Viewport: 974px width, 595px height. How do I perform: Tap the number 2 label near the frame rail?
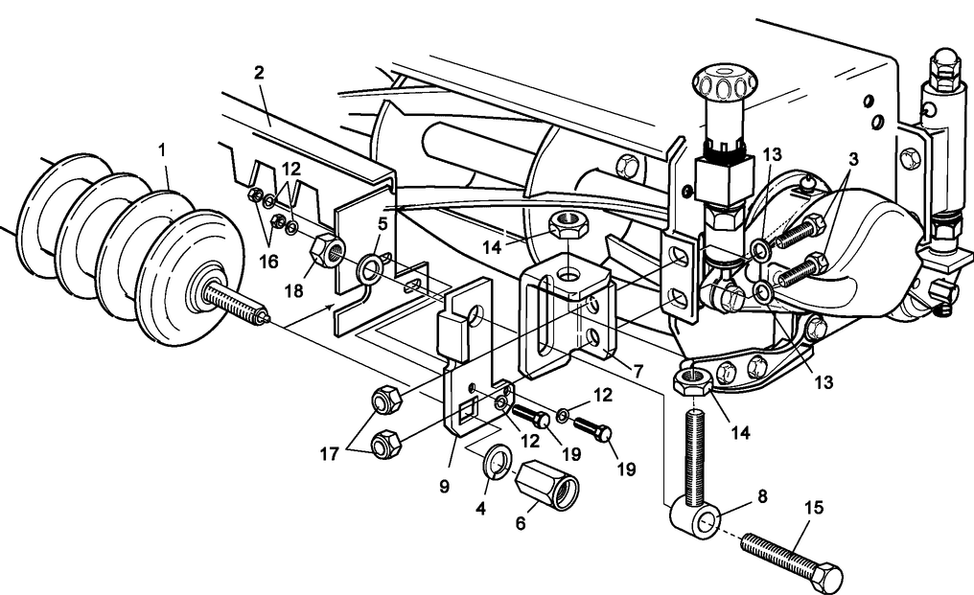[x=259, y=73]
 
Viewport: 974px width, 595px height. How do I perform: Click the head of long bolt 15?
[x=825, y=577]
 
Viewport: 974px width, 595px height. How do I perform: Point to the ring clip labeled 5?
[x=368, y=270]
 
